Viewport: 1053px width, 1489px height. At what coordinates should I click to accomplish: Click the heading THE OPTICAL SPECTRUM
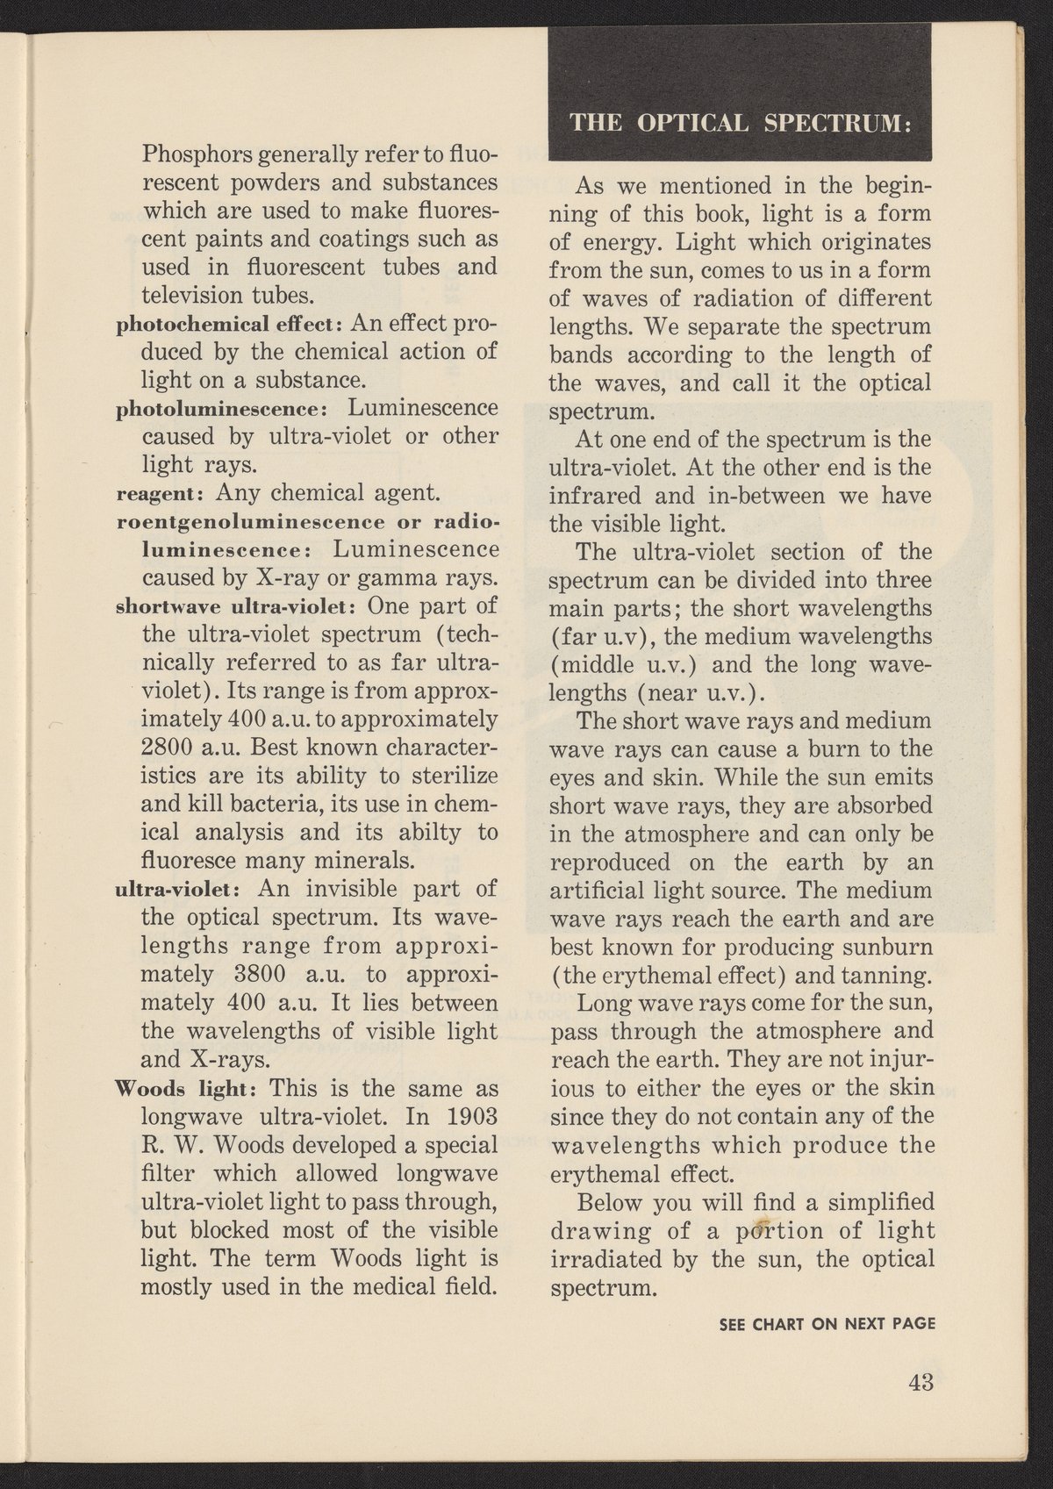(x=742, y=124)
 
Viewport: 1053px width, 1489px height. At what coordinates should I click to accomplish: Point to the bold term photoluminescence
(x=222, y=410)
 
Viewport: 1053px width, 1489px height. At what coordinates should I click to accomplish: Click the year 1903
(x=469, y=1118)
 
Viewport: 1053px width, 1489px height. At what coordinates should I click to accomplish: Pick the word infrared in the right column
(x=593, y=497)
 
